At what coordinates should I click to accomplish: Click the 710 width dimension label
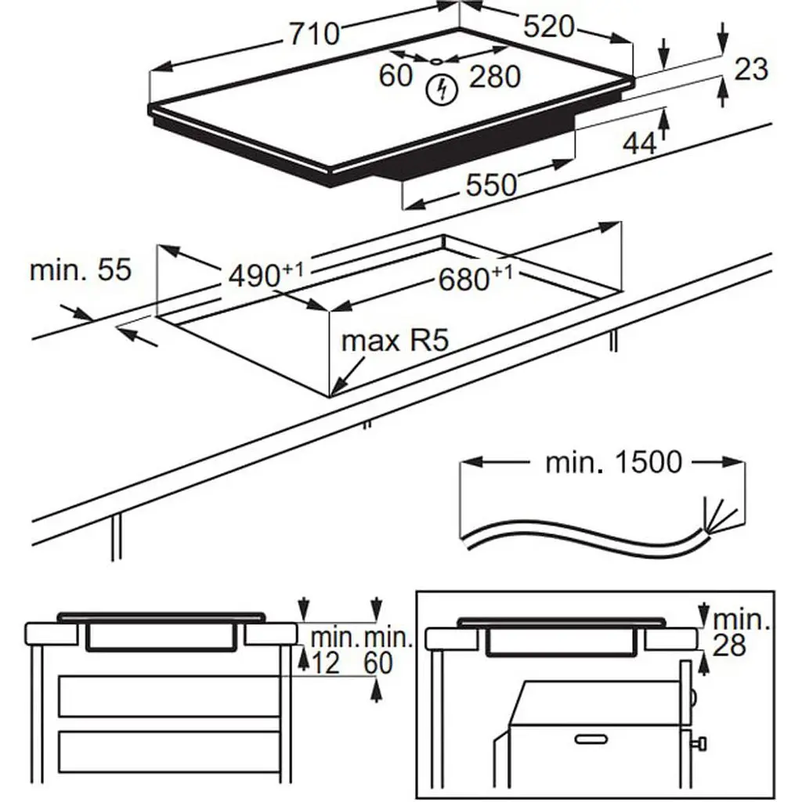point(314,34)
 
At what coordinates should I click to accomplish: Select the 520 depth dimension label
point(548,27)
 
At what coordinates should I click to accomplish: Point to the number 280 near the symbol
point(495,77)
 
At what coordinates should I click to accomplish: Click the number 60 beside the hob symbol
point(396,76)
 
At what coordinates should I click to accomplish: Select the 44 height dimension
point(639,143)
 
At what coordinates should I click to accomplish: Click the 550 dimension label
point(492,186)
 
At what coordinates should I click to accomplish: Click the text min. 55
point(81,270)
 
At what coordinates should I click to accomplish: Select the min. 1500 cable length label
point(613,462)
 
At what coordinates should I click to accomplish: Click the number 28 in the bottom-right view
point(728,645)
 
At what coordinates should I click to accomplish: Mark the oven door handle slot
point(591,738)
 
